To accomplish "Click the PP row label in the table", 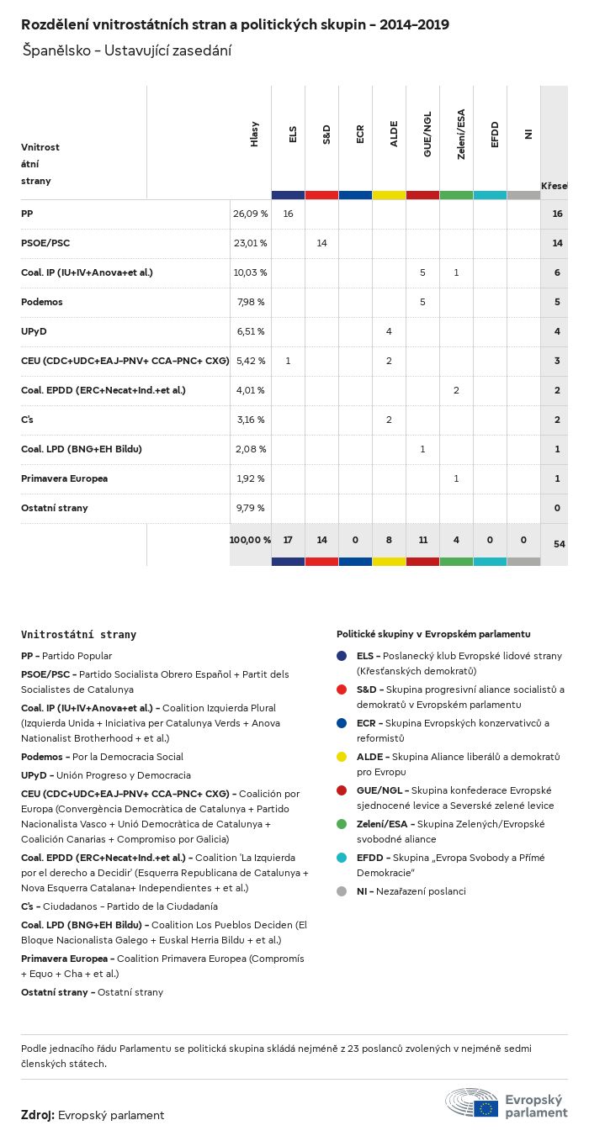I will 27,214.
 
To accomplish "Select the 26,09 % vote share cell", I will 250,214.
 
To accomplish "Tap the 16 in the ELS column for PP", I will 288,214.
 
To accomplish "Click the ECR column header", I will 360,135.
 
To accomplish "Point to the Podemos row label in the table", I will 42,302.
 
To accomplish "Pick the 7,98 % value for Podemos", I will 250,302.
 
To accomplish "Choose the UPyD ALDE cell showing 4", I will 389,331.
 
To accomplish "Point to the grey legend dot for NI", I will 342,891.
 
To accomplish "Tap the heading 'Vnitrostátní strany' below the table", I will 78,635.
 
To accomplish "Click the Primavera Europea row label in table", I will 64,478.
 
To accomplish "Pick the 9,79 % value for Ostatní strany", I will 250,508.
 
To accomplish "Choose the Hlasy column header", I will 255,135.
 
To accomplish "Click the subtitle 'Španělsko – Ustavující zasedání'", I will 126,50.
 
